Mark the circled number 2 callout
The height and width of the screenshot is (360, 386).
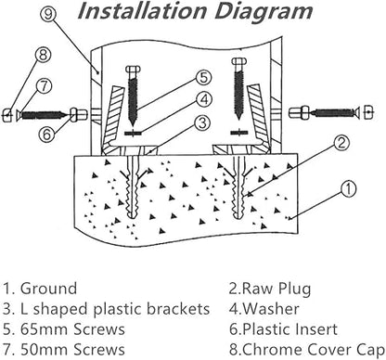341,142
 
